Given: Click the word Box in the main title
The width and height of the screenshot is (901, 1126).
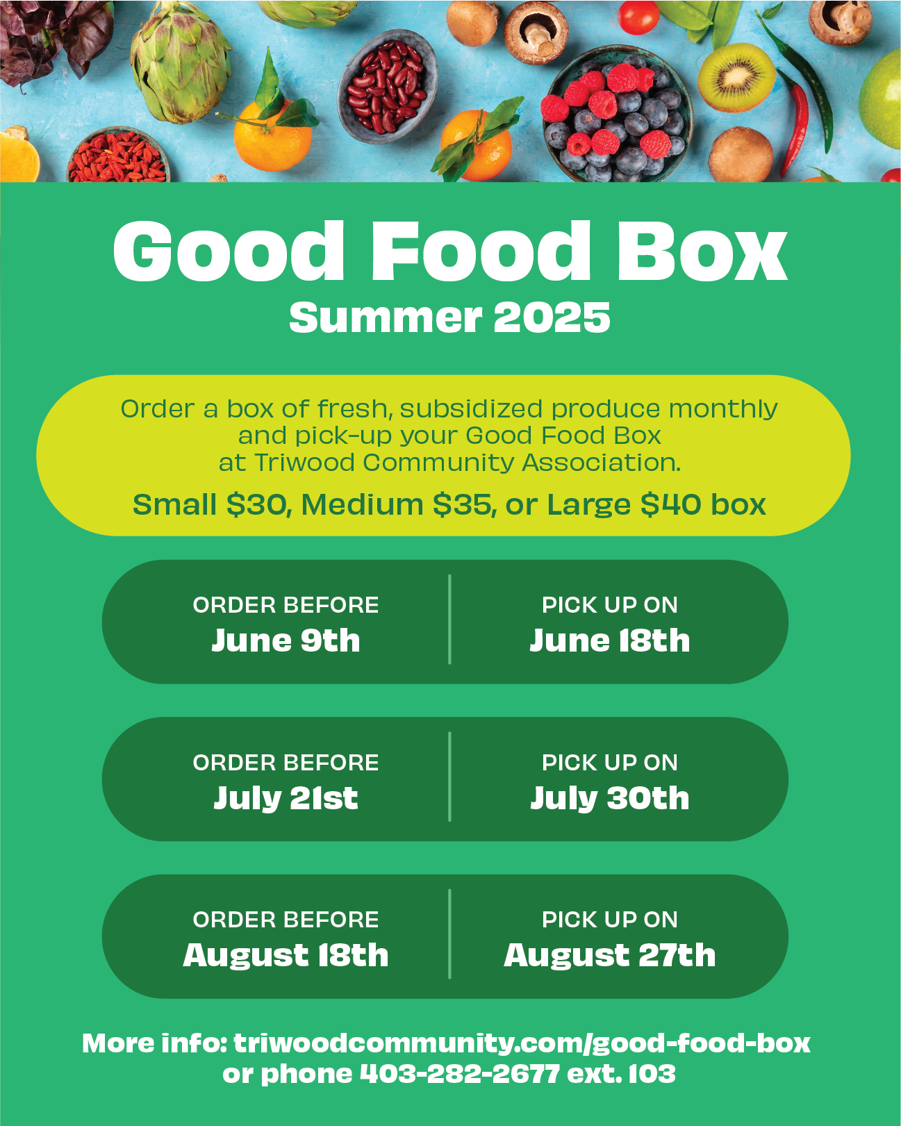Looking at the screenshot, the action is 702,251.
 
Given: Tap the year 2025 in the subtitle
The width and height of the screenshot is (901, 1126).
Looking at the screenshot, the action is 552,317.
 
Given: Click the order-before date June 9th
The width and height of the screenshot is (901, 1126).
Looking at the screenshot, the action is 286,640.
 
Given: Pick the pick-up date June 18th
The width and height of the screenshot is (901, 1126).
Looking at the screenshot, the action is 609,640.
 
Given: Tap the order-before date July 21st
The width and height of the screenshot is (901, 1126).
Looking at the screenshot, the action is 286,799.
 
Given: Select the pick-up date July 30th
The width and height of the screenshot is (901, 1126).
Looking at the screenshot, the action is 609,799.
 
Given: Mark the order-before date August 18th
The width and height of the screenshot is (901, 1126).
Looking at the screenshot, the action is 286,956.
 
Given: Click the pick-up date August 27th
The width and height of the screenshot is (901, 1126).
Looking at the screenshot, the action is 609,956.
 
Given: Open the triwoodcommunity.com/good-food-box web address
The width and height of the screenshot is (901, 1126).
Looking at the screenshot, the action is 522,1043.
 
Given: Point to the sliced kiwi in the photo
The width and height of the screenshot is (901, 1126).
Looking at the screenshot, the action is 736,77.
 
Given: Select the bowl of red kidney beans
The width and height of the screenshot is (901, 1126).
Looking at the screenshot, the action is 387,86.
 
